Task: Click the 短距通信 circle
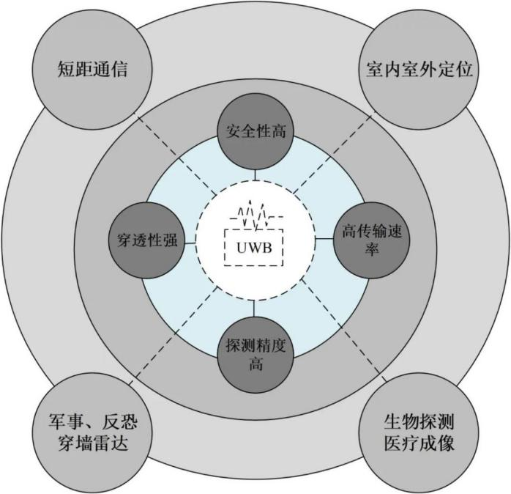[92, 70]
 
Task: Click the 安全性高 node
[256, 133]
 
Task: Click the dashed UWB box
[254, 247]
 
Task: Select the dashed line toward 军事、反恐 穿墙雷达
[176, 326]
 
